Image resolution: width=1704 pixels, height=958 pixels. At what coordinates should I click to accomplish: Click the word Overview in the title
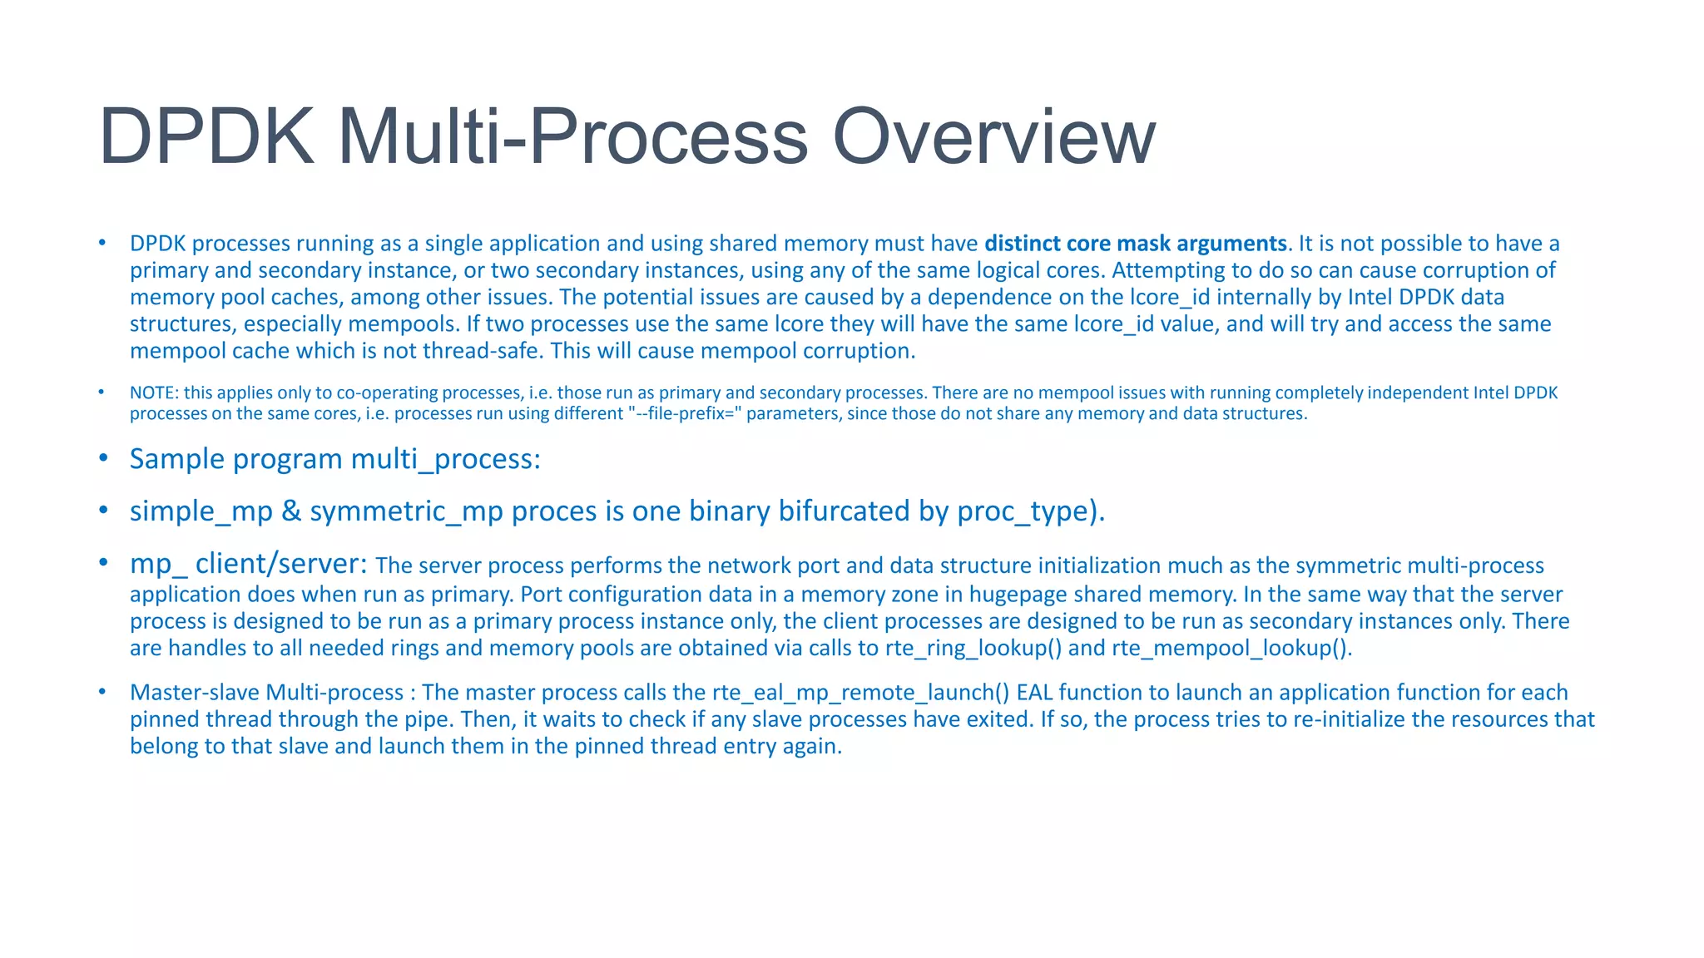pos(993,137)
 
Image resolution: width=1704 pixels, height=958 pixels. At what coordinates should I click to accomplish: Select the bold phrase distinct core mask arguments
pos(1135,244)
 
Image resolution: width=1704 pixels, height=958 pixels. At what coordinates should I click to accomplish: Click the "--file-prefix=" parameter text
pos(683,413)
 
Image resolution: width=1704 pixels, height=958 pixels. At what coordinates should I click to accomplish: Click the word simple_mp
pos(201,511)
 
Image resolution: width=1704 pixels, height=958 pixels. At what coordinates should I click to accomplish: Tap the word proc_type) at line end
pos(1030,511)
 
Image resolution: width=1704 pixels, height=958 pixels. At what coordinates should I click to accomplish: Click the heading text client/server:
pos(281,564)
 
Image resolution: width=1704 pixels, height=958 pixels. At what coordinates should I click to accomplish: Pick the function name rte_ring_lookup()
pos(973,648)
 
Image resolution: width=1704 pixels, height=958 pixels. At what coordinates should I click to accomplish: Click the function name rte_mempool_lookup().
pos(1231,648)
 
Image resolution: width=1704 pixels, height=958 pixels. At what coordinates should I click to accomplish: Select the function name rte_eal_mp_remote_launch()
pos(860,693)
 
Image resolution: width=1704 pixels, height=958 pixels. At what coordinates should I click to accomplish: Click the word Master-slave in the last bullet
pos(195,693)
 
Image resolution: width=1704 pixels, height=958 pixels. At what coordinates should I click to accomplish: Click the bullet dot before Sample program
pos(103,458)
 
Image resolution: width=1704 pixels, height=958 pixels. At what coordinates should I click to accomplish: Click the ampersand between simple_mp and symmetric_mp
pos(291,511)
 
